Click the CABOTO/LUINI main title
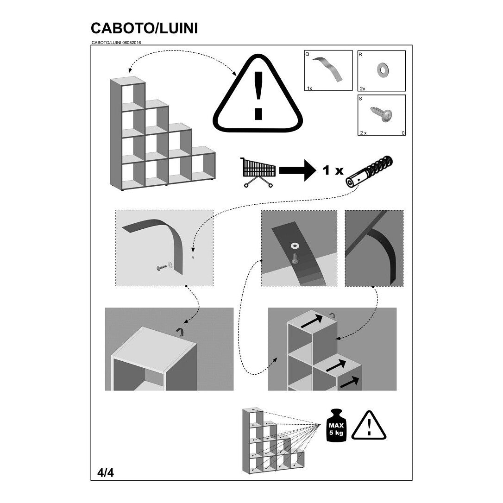pos(144,28)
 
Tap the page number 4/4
pos(106,472)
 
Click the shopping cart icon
pos(258,172)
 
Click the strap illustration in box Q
pos(327,69)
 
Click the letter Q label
pos(308,54)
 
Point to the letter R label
pos(360,55)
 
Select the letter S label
pos(360,99)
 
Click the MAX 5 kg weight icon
pos(336,425)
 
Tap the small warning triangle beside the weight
pos(369,425)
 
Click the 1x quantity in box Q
pos(309,88)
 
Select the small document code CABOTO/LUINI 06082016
pos(116,42)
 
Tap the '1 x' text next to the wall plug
pos(333,170)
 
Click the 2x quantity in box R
pos(363,88)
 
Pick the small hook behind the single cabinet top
pos(180,332)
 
